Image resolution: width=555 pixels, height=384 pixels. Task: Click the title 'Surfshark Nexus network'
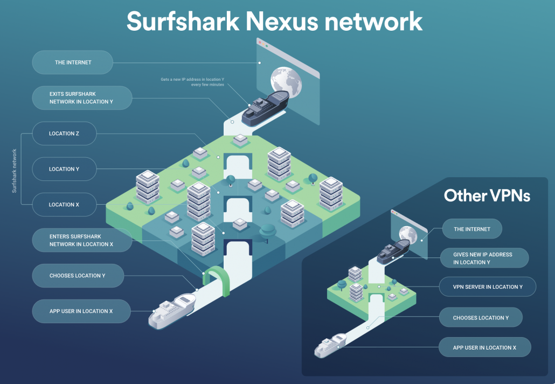(x=274, y=22)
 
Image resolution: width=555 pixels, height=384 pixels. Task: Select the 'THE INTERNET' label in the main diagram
(x=73, y=62)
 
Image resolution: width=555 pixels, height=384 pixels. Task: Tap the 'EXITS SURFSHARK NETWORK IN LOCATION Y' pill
(x=81, y=98)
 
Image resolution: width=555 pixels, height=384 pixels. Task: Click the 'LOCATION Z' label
(x=64, y=134)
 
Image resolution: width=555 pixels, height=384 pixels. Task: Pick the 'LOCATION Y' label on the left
(x=64, y=169)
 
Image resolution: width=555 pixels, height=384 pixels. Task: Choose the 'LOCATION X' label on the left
(x=64, y=205)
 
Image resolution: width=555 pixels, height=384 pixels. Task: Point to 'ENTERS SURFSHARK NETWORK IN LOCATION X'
(x=81, y=240)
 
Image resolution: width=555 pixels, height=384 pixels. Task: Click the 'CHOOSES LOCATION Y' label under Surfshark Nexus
(x=77, y=276)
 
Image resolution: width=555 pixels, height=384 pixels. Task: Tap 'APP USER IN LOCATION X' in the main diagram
(x=81, y=311)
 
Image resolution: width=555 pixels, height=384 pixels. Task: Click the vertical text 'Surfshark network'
(x=15, y=171)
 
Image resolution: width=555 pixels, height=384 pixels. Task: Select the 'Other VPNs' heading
(x=487, y=196)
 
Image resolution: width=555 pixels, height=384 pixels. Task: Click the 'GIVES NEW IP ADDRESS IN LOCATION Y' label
(x=483, y=258)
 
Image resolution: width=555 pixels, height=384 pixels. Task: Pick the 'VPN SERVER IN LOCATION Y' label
(x=488, y=287)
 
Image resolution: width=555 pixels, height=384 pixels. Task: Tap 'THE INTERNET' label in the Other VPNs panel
(x=472, y=229)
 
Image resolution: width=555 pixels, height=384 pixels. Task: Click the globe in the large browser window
(x=286, y=81)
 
